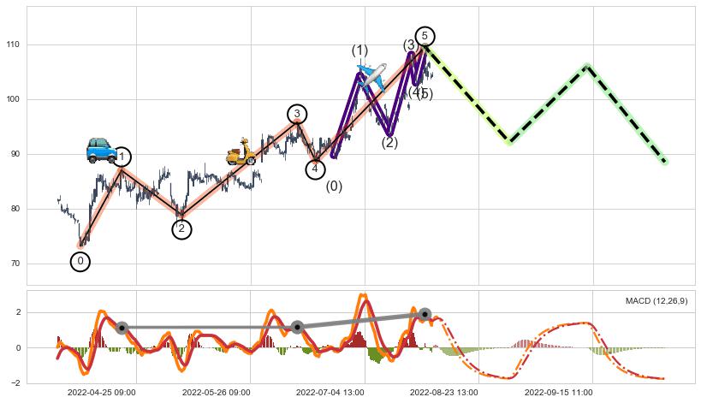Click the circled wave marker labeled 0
pos(80,261)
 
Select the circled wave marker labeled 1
pos(122,157)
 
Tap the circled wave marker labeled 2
pos(181,228)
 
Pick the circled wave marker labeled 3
pos(297,114)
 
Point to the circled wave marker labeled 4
pos(316,169)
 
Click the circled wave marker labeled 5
pos(425,36)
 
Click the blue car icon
pos(102,150)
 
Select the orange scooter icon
pos(241,152)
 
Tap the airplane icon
pos(372,77)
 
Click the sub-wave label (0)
pos(334,187)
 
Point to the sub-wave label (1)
pos(359,50)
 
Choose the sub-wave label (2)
pos(389,143)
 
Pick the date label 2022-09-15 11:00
pos(557,393)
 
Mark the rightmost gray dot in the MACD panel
pos(425,314)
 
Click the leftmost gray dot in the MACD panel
pos(122,328)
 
